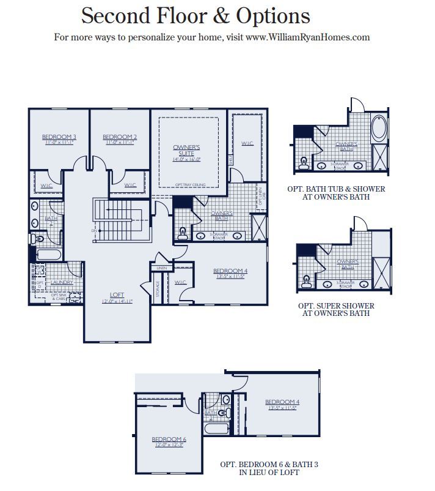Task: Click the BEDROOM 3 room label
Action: tap(59, 137)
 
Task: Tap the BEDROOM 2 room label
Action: tap(119, 137)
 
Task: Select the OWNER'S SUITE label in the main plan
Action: tap(187, 151)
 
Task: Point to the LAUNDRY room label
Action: tap(62, 282)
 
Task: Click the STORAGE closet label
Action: tap(158, 288)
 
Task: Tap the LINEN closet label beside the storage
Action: tap(162, 268)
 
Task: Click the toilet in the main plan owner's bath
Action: tap(183, 233)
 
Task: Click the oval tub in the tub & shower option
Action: tap(379, 129)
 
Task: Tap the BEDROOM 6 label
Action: tap(168, 440)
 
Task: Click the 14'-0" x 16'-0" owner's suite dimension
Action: tap(187, 159)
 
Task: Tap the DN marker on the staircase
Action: tap(93, 231)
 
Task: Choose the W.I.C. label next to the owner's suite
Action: tap(247, 144)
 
